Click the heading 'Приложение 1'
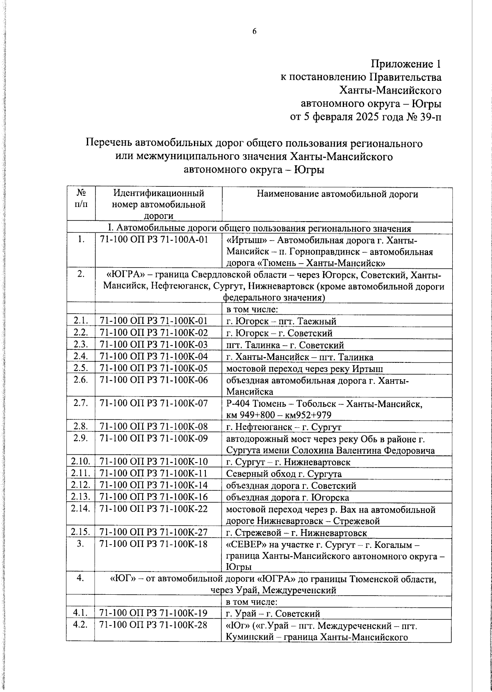(406, 64)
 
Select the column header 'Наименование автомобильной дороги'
(337, 194)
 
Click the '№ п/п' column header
(81, 198)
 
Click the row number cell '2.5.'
(81, 369)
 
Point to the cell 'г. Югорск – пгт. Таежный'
(281, 321)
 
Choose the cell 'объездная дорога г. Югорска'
(287, 497)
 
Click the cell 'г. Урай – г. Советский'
(273, 614)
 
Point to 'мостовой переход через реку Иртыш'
(305, 369)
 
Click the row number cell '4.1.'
(81, 614)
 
